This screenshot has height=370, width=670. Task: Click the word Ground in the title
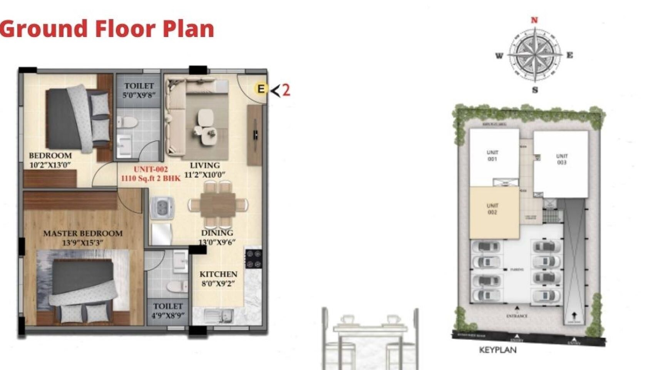pos(44,29)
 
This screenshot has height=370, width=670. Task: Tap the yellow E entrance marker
pos(261,89)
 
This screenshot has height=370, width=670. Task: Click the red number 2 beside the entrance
pos(286,90)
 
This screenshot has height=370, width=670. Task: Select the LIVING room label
pos(204,165)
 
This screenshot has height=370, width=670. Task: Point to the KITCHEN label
pos(218,274)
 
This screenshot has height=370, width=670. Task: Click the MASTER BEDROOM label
pos(83,233)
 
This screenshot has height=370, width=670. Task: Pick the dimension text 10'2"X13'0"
pos(50,165)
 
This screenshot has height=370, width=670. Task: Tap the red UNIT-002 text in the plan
pos(151,169)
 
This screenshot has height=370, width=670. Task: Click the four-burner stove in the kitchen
pos(254,259)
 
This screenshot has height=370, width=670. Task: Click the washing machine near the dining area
pos(162,208)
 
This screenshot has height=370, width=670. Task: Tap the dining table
pos(218,205)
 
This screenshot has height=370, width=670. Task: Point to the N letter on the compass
pos(534,20)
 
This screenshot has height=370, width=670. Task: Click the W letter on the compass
pos(499,56)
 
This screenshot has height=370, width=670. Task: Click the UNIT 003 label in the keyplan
pos(562,159)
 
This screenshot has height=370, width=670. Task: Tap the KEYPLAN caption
pos(497,350)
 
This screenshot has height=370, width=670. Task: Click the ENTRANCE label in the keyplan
pos(517,316)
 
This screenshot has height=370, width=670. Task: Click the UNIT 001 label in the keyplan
pos(492,155)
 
